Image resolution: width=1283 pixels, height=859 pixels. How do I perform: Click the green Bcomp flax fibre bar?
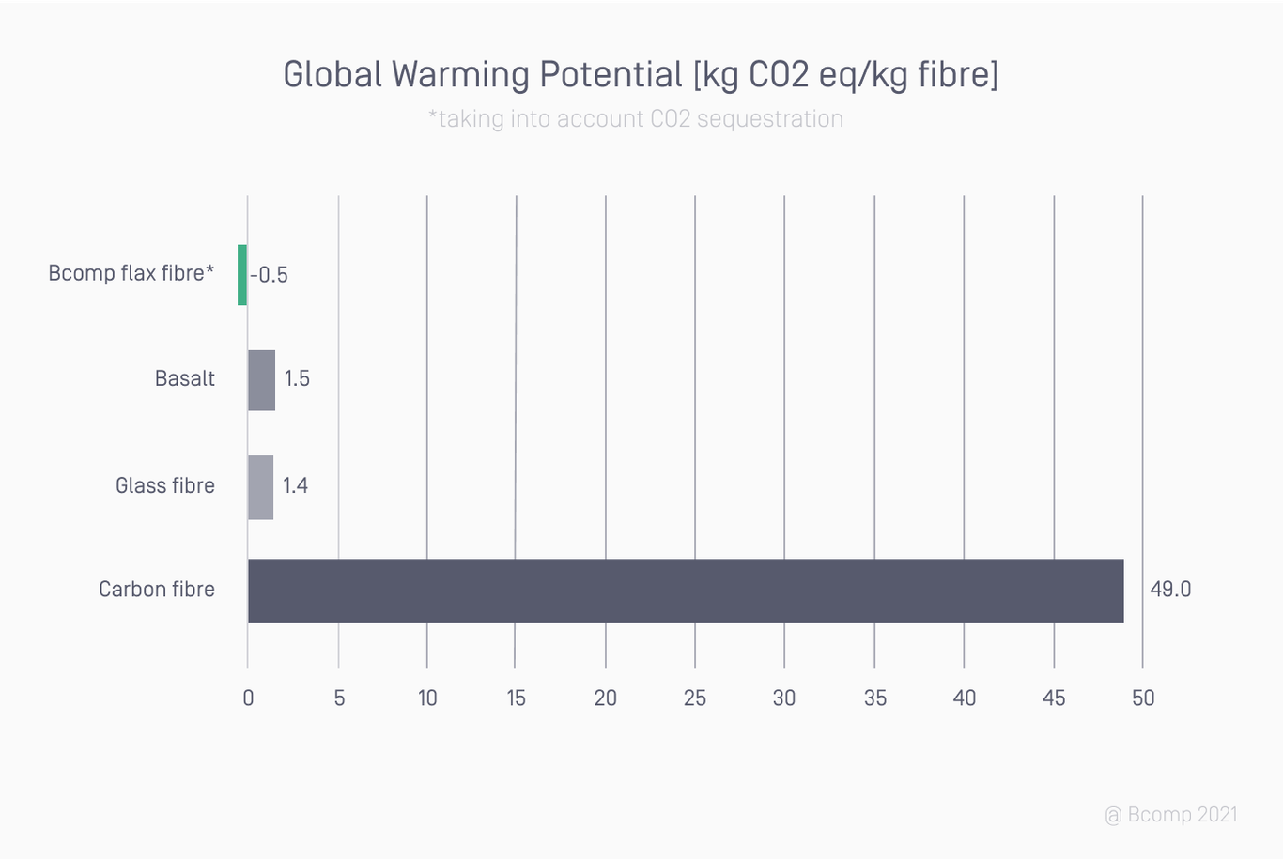pos(242,275)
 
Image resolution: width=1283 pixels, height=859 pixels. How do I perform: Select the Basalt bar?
pos(262,380)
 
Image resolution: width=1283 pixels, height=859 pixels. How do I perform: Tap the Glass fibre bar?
pos(261,487)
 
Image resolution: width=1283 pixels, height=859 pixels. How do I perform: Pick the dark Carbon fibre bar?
pos(686,591)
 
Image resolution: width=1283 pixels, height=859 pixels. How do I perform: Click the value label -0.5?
pos(270,275)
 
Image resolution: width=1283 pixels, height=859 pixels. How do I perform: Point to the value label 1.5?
pos(297,378)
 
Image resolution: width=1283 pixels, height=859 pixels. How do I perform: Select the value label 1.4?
pos(296,485)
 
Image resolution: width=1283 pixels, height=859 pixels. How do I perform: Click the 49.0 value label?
pos(1170,589)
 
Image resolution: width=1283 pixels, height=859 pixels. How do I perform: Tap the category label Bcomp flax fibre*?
pos(131,273)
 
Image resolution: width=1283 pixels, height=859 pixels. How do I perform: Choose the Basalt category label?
pos(185,378)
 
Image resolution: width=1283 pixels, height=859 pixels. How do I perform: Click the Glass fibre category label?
pos(165,485)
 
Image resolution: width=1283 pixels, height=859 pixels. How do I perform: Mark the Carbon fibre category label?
pos(157,589)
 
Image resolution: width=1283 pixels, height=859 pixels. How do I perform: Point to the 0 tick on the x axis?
pos(248,698)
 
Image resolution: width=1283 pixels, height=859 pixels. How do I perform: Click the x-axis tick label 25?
pos(695,698)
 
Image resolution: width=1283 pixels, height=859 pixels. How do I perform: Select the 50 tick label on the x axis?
pos(1143,698)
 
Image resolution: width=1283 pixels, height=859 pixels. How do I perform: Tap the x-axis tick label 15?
pos(516,698)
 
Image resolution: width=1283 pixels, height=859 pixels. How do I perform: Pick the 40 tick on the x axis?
pos(965,698)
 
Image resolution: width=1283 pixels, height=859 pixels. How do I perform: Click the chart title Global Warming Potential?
pos(641,74)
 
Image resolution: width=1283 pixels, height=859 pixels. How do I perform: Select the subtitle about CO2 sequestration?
pos(636,119)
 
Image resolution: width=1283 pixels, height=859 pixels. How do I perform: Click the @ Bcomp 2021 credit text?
pos(1171,814)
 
